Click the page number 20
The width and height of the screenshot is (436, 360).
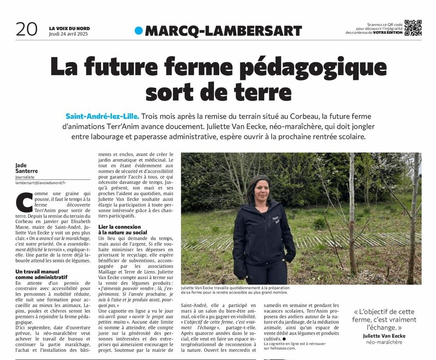pyautogui.click(x=26, y=29)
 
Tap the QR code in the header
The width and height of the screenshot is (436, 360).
pyautogui.click(x=413, y=28)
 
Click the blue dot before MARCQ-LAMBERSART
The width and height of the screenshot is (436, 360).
pyautogui.click(x=139, y=31)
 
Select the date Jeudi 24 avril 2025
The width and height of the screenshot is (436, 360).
pyautogui.click(x=68, y=34)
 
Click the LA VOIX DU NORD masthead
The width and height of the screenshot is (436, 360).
pyautogui.click(x=69, y=28)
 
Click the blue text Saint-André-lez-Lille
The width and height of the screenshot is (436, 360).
pyautogui.click(x=102, y=116)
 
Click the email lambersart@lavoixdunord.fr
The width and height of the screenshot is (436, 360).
pyautogui.click(x=43, y=183)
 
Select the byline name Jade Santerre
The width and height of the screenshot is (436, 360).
pyautogui.click(x=27, y=168)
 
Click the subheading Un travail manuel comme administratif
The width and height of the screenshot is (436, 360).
pyautogui.click(x=41, y=274)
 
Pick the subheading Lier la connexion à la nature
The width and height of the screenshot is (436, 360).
pyautogui.click(x=123, y=230)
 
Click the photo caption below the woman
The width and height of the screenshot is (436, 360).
pyautogui.click(x=235, y=290)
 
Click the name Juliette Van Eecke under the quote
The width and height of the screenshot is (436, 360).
pyautogui.click(x=384, y=336)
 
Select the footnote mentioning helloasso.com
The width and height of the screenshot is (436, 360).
pyautogui.click(x=295, y=346)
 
